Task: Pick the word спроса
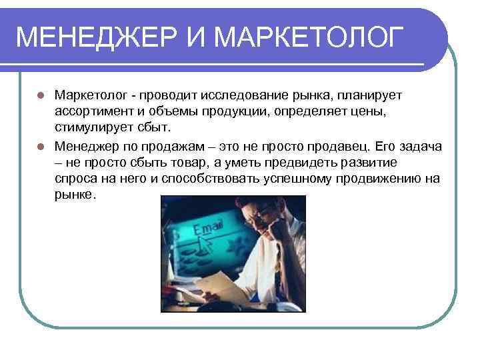pyautogui.click(x=75, y=177)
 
